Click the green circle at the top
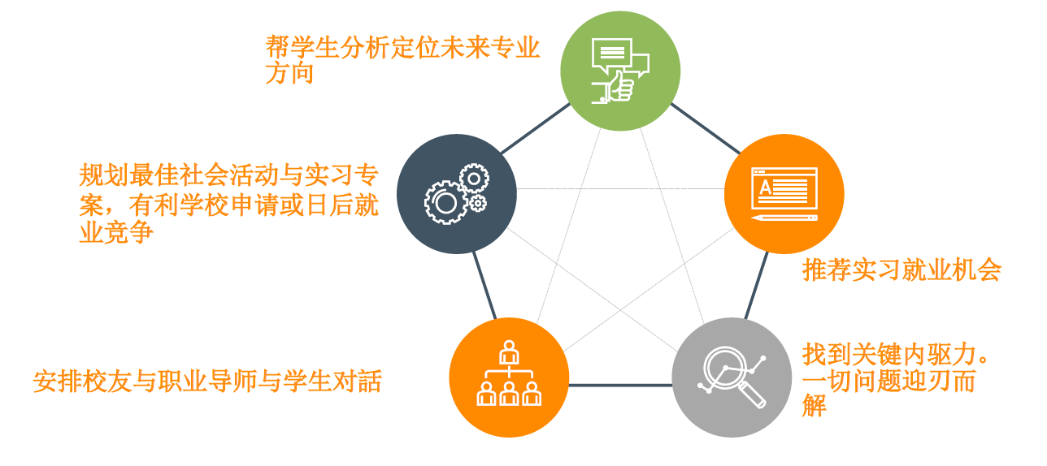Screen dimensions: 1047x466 620,71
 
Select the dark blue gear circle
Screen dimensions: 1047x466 457,194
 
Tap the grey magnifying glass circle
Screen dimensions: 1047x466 732,378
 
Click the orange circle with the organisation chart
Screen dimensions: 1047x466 509,378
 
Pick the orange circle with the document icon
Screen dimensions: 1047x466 784,194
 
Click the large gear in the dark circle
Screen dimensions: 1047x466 445,203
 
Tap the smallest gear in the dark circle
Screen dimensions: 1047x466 478,204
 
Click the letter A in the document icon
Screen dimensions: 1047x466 765,188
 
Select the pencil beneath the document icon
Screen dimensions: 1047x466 784,218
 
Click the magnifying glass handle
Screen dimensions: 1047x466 752,395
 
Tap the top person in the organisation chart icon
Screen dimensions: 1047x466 509,352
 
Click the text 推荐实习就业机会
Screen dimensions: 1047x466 901,270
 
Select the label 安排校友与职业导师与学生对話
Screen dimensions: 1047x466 207,381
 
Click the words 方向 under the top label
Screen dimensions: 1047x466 289,73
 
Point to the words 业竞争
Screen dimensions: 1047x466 116,232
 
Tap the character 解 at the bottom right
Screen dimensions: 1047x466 815,405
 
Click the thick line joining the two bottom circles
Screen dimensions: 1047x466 620,385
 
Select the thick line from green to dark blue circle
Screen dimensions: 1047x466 536,128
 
